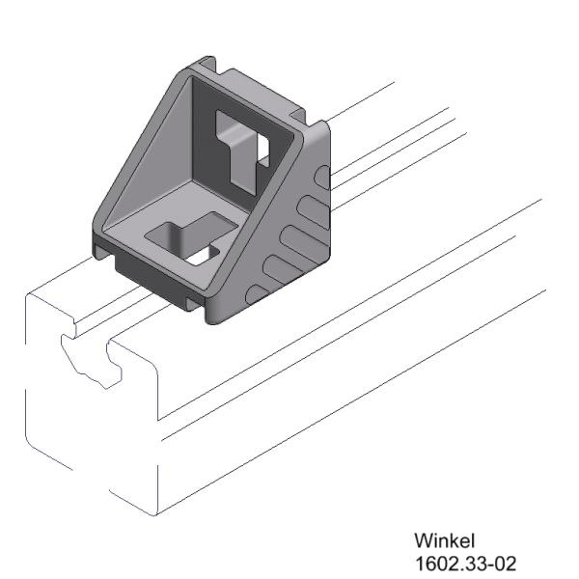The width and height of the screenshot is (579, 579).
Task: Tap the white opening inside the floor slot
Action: pos(205,256)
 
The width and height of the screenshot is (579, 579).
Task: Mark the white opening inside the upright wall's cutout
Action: pos(261,154)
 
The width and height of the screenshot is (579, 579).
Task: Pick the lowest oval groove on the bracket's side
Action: pos(258,293)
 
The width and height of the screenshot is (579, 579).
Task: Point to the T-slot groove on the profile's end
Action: pos(92,357)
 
